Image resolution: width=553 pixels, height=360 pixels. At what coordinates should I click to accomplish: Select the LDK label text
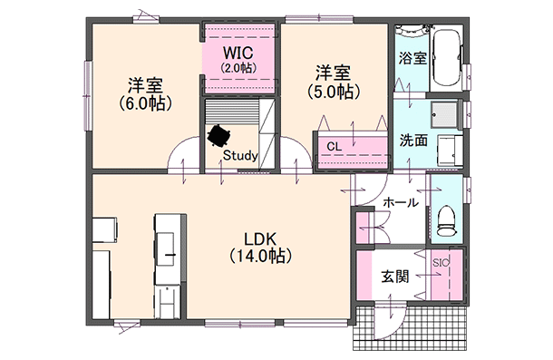point(259,240)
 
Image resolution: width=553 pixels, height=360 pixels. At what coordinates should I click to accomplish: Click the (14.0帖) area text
point(259,258)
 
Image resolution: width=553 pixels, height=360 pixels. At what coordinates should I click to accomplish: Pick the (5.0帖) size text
point(333,91)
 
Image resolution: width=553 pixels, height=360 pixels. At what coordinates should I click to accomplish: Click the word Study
point(239,156)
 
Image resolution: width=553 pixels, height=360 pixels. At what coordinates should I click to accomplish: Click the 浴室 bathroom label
point(412,57)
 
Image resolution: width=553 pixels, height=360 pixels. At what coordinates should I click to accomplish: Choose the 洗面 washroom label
point(413,141)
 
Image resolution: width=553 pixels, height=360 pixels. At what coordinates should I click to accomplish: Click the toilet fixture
point(445,216)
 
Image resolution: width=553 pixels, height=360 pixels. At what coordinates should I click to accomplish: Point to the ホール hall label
point(399,203)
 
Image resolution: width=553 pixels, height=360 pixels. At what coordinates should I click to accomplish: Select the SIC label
point(441,263)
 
